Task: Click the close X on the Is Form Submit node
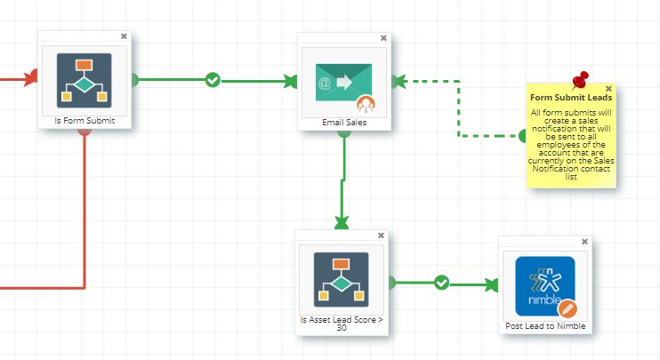[x=124, y=36]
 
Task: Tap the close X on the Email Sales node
[x=383, y=38]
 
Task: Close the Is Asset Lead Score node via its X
[x=381, y=235]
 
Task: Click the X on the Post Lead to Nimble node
[x=584, y=242]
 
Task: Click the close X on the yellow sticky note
[x=608, y=89]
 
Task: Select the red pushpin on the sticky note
[x=581, y=80]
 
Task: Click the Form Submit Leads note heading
[x=571, y=98]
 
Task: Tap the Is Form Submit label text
[x=85, y=121]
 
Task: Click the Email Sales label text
[x=344, y=123]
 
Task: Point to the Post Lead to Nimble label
[x=545, y=326]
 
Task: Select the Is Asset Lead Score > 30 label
[x=342, y=324]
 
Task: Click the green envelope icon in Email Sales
[x=344, y=83]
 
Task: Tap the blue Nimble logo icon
[x=545, y=286]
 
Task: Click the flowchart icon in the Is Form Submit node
[x=85, y=80]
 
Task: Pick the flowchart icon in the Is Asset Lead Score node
[x=342, y=280]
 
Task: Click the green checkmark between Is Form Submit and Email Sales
[x=213, y=79]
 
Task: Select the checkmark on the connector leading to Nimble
[x=441, y=283]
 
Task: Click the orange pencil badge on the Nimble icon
[x=567, y=309]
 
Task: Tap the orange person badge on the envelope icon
[x=366, y=104]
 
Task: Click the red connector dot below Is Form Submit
[x=85, y=132]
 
